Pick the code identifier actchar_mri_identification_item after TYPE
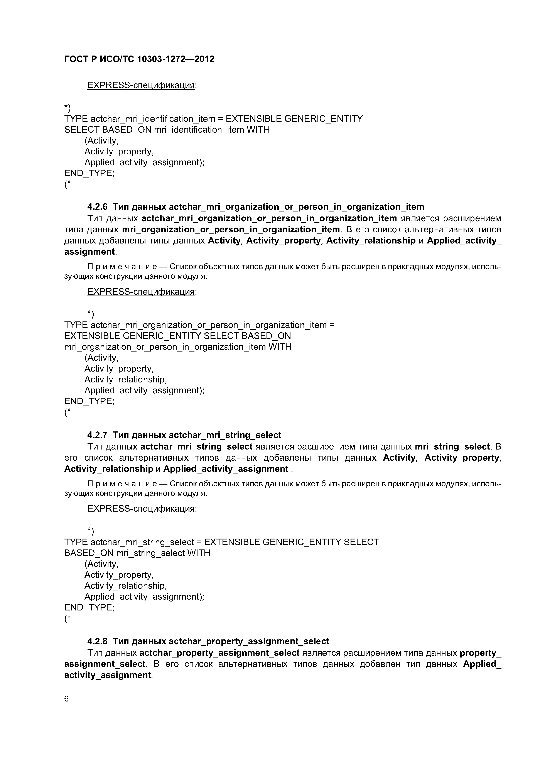click(x=153, y=119)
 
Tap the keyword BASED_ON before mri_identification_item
click(x=127, y=130)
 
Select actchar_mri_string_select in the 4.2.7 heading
click(x=225, y=435)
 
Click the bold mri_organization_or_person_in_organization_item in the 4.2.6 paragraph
click(x=231, y=230)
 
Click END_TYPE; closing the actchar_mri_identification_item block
click(x=89, y=173)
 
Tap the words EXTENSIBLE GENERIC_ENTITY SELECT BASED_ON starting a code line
click(x=177, y=336)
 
